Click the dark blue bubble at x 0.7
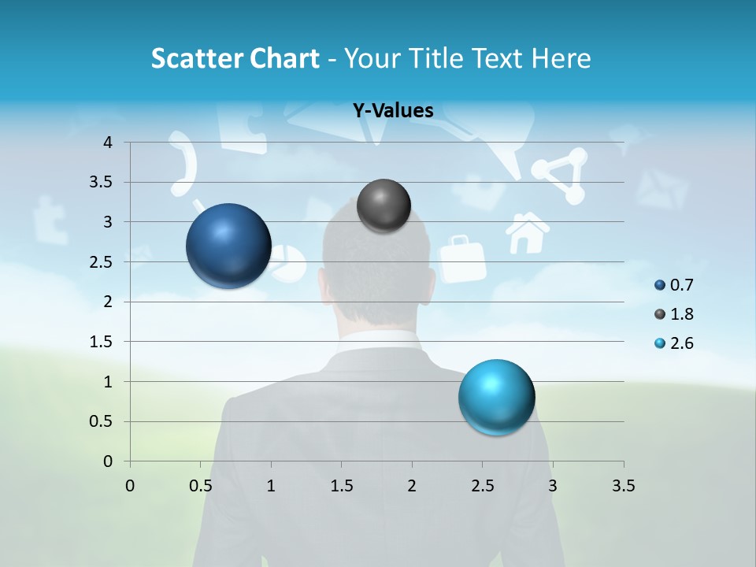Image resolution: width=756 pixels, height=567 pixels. pos(228,246)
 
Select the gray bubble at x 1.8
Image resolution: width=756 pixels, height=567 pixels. pos(384,206)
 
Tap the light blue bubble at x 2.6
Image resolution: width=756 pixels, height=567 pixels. pos(496,396)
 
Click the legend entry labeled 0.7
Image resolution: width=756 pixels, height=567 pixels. pos(681,285)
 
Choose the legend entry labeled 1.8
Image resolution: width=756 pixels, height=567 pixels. pos(681,314)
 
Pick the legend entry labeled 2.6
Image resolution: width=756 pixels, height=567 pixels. pos(681,343)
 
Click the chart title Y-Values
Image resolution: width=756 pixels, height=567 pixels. pos(393,111)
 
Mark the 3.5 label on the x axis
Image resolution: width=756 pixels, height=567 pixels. pos(623,486)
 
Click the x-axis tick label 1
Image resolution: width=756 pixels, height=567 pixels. pos(271,486)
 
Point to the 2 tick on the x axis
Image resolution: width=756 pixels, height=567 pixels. pos(412,486)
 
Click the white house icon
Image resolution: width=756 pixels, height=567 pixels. pos(527,233)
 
